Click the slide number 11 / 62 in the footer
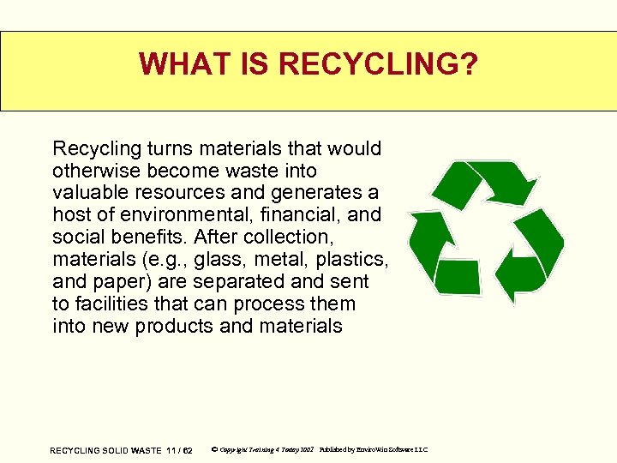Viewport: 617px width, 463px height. click(180, 450)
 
